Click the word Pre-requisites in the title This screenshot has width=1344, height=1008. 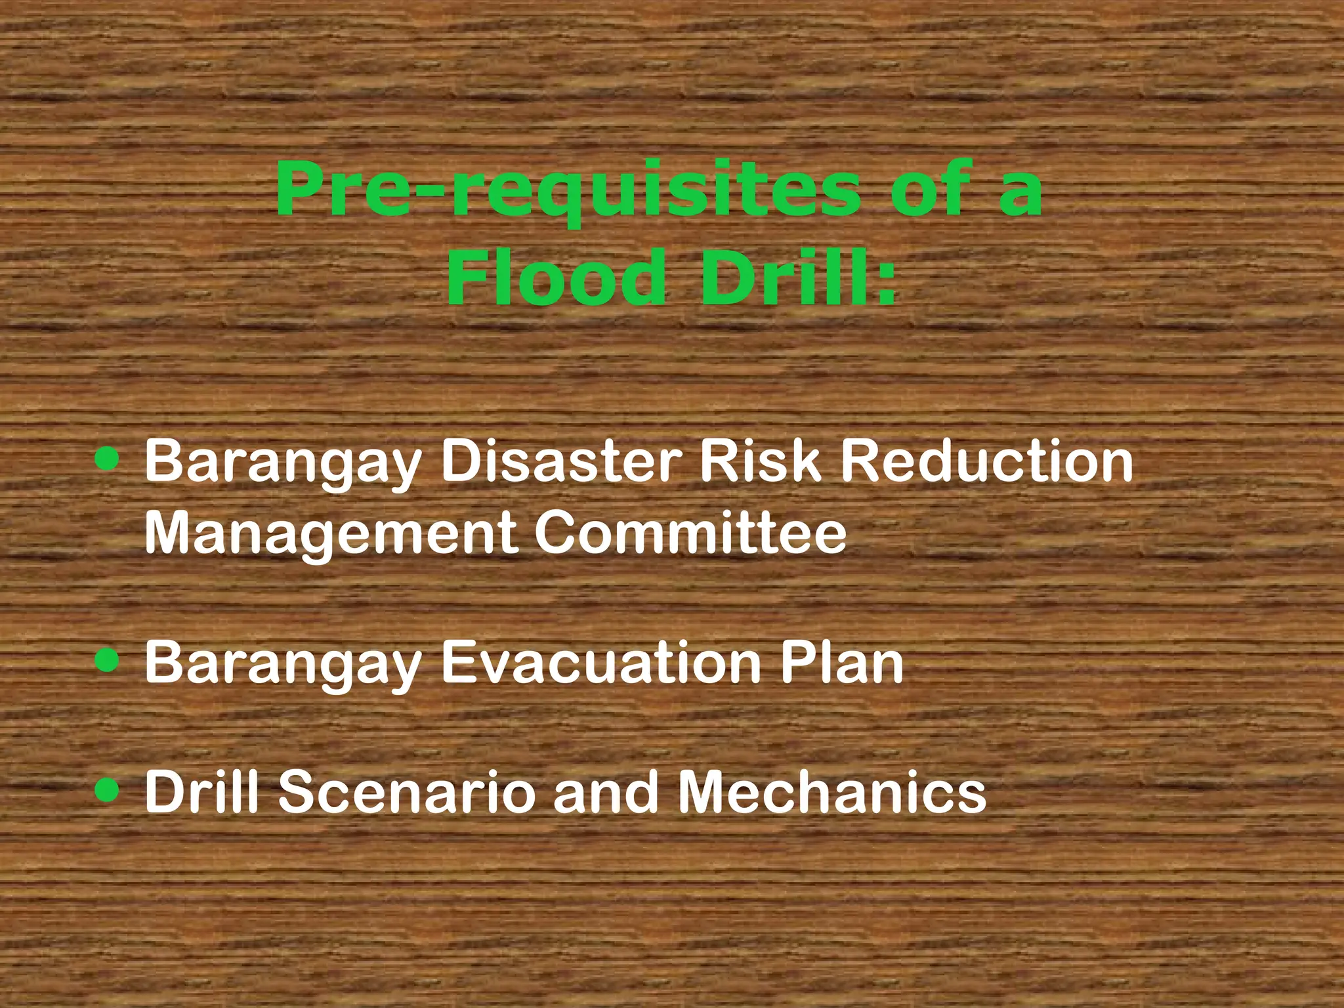568,190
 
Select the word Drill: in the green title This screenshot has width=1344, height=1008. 798,279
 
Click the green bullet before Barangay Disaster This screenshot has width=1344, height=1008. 107,459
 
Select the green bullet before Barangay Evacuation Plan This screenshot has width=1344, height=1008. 107,661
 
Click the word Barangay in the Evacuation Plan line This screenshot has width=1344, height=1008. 283,664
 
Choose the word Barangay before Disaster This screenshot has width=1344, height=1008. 283,463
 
